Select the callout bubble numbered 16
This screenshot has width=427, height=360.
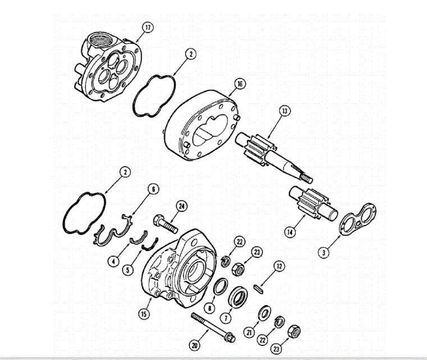pyautogui.click(x=240, y=84)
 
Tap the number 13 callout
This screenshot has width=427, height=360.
pyautogui.click(x=285, y=111)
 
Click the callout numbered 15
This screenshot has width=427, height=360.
pyautogui.click(x=144, y=313)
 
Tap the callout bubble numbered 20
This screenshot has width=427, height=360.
pyautogui.click(x=195, y=345)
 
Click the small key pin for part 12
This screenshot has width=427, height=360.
pyautogui.click(x=259, y=287)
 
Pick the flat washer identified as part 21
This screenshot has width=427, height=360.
pyautogui.click(x=262, y=313)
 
